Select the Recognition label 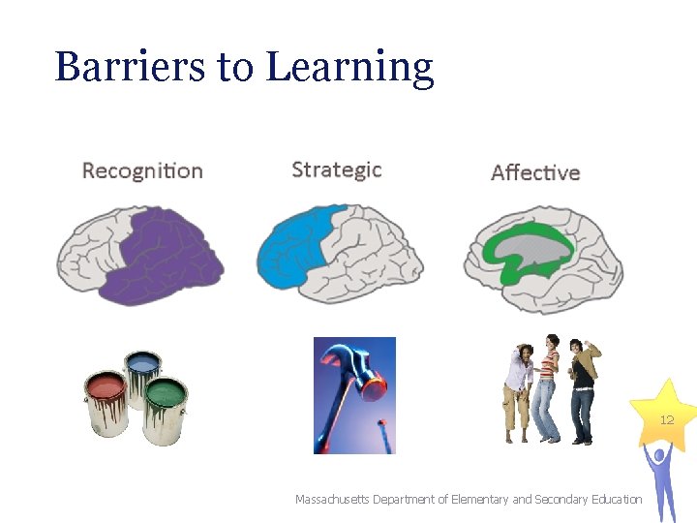coord(142,171)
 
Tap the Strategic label coord(336,170)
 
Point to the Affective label coord(535,172)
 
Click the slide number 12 coord(666,420)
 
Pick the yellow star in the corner coord(666,412)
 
